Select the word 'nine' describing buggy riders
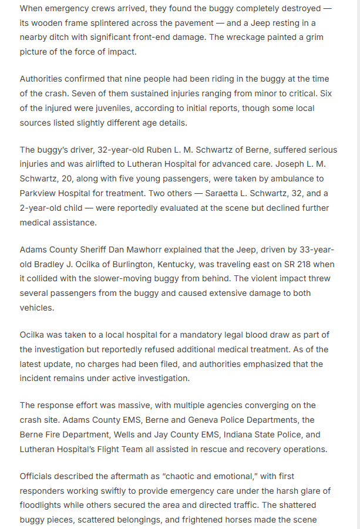coord(159,79)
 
